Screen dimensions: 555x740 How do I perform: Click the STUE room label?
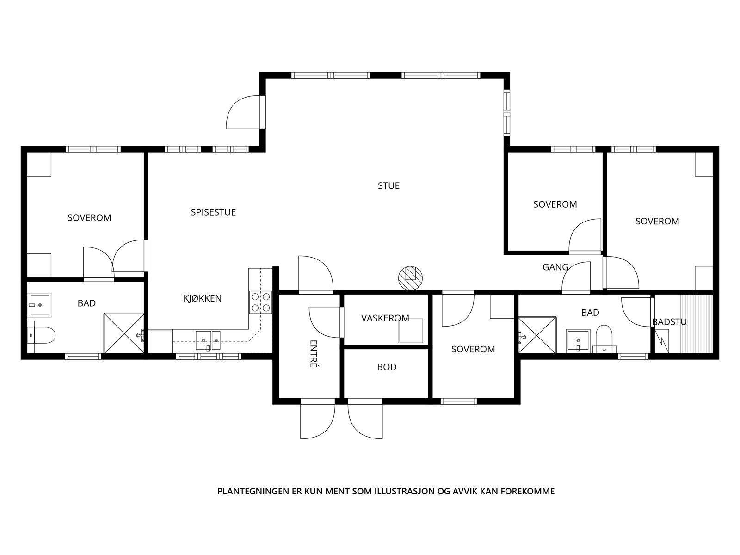click(x=388, y=186)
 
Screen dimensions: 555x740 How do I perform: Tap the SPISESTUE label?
click(x=213, y=212)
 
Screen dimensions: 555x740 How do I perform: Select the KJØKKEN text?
click(x=202, y=299)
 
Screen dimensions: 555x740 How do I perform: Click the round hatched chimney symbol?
click(x=411, y=278)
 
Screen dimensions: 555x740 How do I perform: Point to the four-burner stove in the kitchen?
click(x=260, y=302)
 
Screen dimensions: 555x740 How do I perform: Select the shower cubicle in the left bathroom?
click(x=123, y=333)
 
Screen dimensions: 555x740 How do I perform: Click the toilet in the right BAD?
click(x=604, y=337)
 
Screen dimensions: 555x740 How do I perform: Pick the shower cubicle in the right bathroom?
click(x=537, y=334)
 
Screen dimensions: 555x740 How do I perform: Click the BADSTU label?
click(x=669, y=322)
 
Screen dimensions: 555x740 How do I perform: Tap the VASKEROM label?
click(x=385, y=318)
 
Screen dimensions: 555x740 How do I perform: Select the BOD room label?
click(x=387, y=367)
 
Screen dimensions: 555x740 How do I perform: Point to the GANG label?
click(x=555, y=267)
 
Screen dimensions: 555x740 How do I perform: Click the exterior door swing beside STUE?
click(x=243, y=112)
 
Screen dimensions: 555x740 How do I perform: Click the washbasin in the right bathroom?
click(x=578, y=341)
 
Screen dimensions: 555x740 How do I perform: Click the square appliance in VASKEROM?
click(x=411, y=331)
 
